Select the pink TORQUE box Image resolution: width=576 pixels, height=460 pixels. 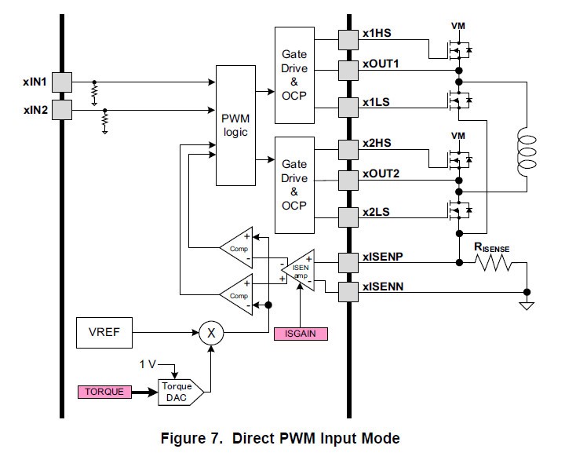(x=105, y=391)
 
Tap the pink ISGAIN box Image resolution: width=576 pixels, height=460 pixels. (x=301, y=334)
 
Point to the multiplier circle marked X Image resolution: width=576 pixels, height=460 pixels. (x=210, y=333)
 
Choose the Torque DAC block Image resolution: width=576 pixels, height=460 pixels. (x=180, y=391)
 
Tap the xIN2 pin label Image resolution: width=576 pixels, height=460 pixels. (x=36, y=109)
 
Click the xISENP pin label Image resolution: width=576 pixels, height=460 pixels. (x=383, y=257)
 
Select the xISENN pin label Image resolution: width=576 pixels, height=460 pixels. (x=383, y=289)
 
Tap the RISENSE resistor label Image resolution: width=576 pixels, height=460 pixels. (x=491, y=248)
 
